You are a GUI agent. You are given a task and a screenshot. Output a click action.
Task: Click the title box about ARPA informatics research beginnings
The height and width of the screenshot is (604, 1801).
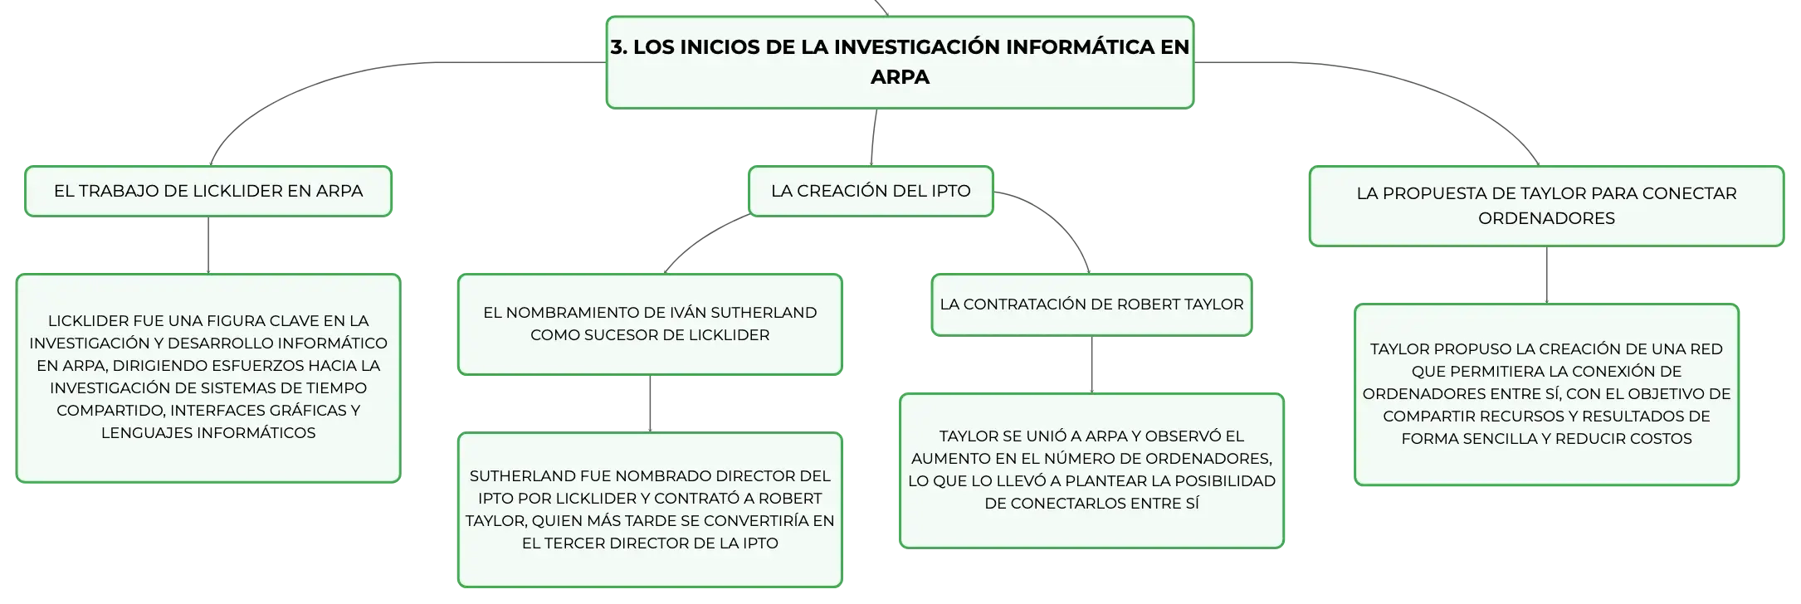[x=900, y=62]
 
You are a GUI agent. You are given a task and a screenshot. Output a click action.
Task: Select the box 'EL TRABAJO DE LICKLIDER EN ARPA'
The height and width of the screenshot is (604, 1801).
[x=208, y=191]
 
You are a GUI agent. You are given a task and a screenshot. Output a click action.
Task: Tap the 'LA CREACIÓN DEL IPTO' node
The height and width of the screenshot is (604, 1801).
[x=871, y=191]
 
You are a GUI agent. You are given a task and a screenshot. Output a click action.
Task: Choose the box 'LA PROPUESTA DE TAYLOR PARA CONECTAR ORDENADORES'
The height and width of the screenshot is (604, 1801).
[x=1546, y=206]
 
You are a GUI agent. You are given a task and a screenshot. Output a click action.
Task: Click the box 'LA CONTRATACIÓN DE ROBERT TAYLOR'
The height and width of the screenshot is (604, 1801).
[x=1091, y=304]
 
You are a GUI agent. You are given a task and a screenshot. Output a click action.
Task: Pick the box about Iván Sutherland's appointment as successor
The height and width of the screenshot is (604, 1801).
[x=650, y=324]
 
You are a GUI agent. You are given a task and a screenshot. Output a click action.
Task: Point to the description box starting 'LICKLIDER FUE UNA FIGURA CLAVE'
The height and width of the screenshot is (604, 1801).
[x=208, y=377]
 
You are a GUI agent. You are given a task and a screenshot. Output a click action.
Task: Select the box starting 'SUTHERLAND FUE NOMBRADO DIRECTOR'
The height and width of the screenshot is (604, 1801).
[x=650, y=509]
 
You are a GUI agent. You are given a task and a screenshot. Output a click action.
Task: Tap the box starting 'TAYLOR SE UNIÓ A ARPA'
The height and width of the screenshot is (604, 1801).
[x=1091, y=470]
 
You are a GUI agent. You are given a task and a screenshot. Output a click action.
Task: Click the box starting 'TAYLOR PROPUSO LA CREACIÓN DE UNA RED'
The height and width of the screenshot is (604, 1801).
[x=1546, y=394]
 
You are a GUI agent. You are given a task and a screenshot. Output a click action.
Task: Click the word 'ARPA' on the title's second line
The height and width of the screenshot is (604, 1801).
[x=900, y=77]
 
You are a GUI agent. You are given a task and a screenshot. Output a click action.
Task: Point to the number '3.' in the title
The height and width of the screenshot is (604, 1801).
[x=619, y=47]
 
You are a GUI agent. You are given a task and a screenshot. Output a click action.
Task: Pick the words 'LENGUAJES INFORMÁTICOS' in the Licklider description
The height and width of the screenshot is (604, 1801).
[x=208, y=433]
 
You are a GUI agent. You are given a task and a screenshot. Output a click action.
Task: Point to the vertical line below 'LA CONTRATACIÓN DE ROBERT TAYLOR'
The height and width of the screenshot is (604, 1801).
[x=1091, y=365]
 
